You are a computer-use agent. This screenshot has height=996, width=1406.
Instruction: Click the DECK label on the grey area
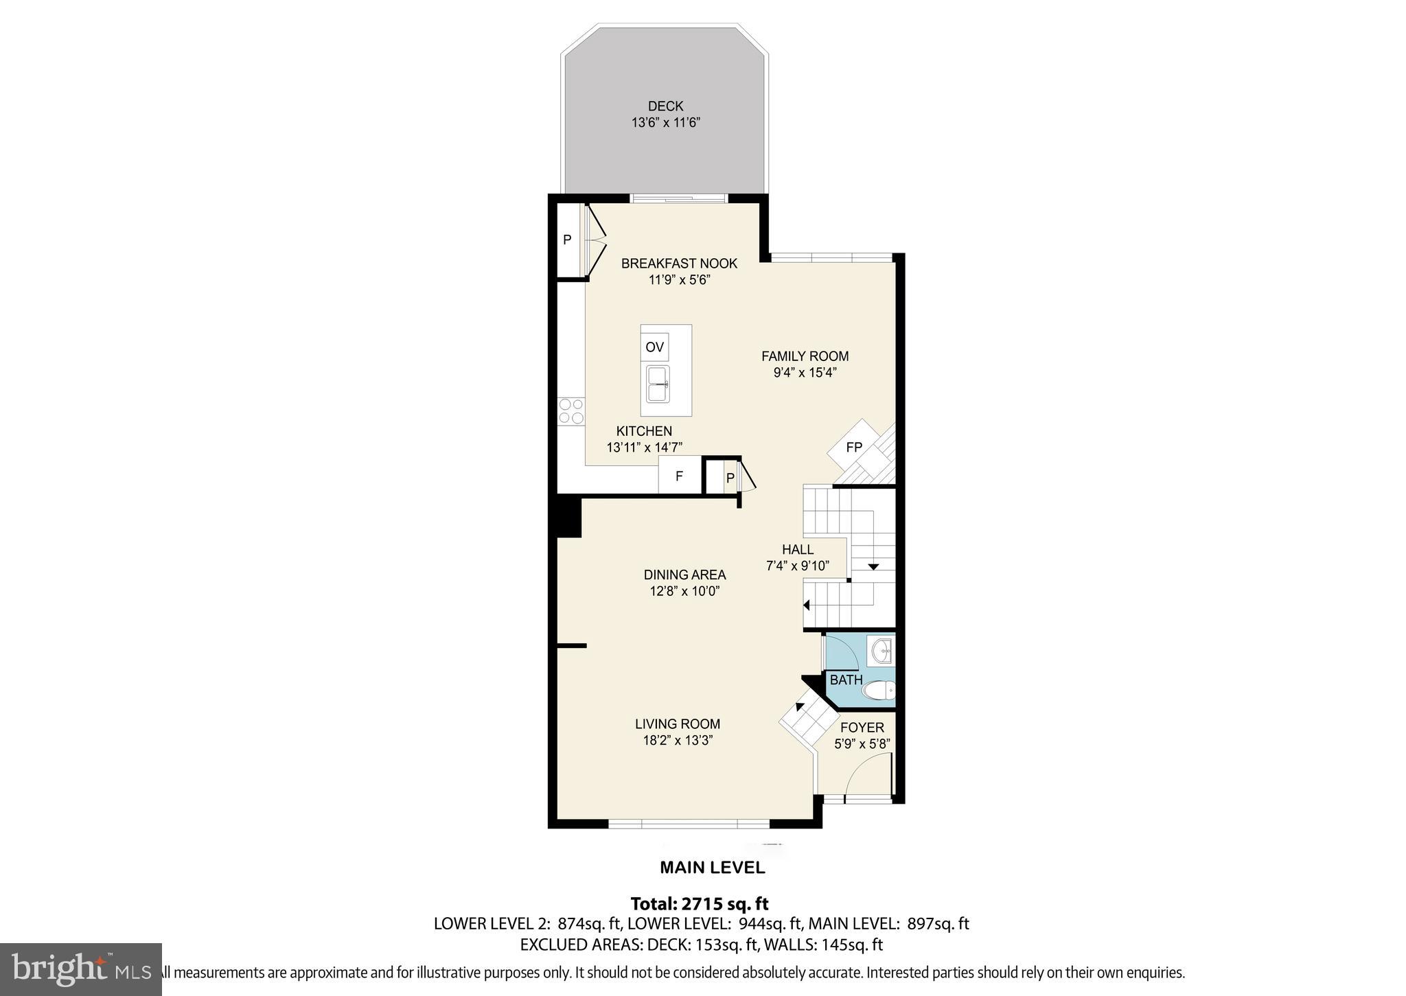665,106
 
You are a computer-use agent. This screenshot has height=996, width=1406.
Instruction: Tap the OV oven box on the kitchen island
655,347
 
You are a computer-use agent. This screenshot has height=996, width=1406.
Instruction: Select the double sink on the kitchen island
658,384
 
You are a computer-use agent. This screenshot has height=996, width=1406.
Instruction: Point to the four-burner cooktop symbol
571,411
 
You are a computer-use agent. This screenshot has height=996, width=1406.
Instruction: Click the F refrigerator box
679,476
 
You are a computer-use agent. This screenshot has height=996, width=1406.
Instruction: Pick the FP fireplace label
854,448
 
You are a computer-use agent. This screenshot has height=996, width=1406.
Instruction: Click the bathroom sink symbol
881,651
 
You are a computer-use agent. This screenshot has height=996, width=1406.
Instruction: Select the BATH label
846,680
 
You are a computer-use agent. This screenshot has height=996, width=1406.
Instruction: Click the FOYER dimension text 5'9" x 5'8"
862,743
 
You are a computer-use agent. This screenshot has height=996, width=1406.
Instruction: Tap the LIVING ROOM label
677,723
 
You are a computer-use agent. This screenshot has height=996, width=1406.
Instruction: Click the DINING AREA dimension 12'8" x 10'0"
684,591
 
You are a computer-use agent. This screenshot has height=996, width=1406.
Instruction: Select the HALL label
798,549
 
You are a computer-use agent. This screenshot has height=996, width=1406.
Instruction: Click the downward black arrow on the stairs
873,567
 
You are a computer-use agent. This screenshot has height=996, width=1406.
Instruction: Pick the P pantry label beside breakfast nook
567,240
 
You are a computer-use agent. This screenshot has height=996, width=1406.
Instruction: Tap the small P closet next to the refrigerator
730,478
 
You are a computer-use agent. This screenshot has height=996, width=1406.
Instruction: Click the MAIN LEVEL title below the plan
712,868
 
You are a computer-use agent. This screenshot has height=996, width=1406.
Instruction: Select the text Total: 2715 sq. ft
700,903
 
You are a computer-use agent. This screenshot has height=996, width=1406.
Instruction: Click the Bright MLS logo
81,969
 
